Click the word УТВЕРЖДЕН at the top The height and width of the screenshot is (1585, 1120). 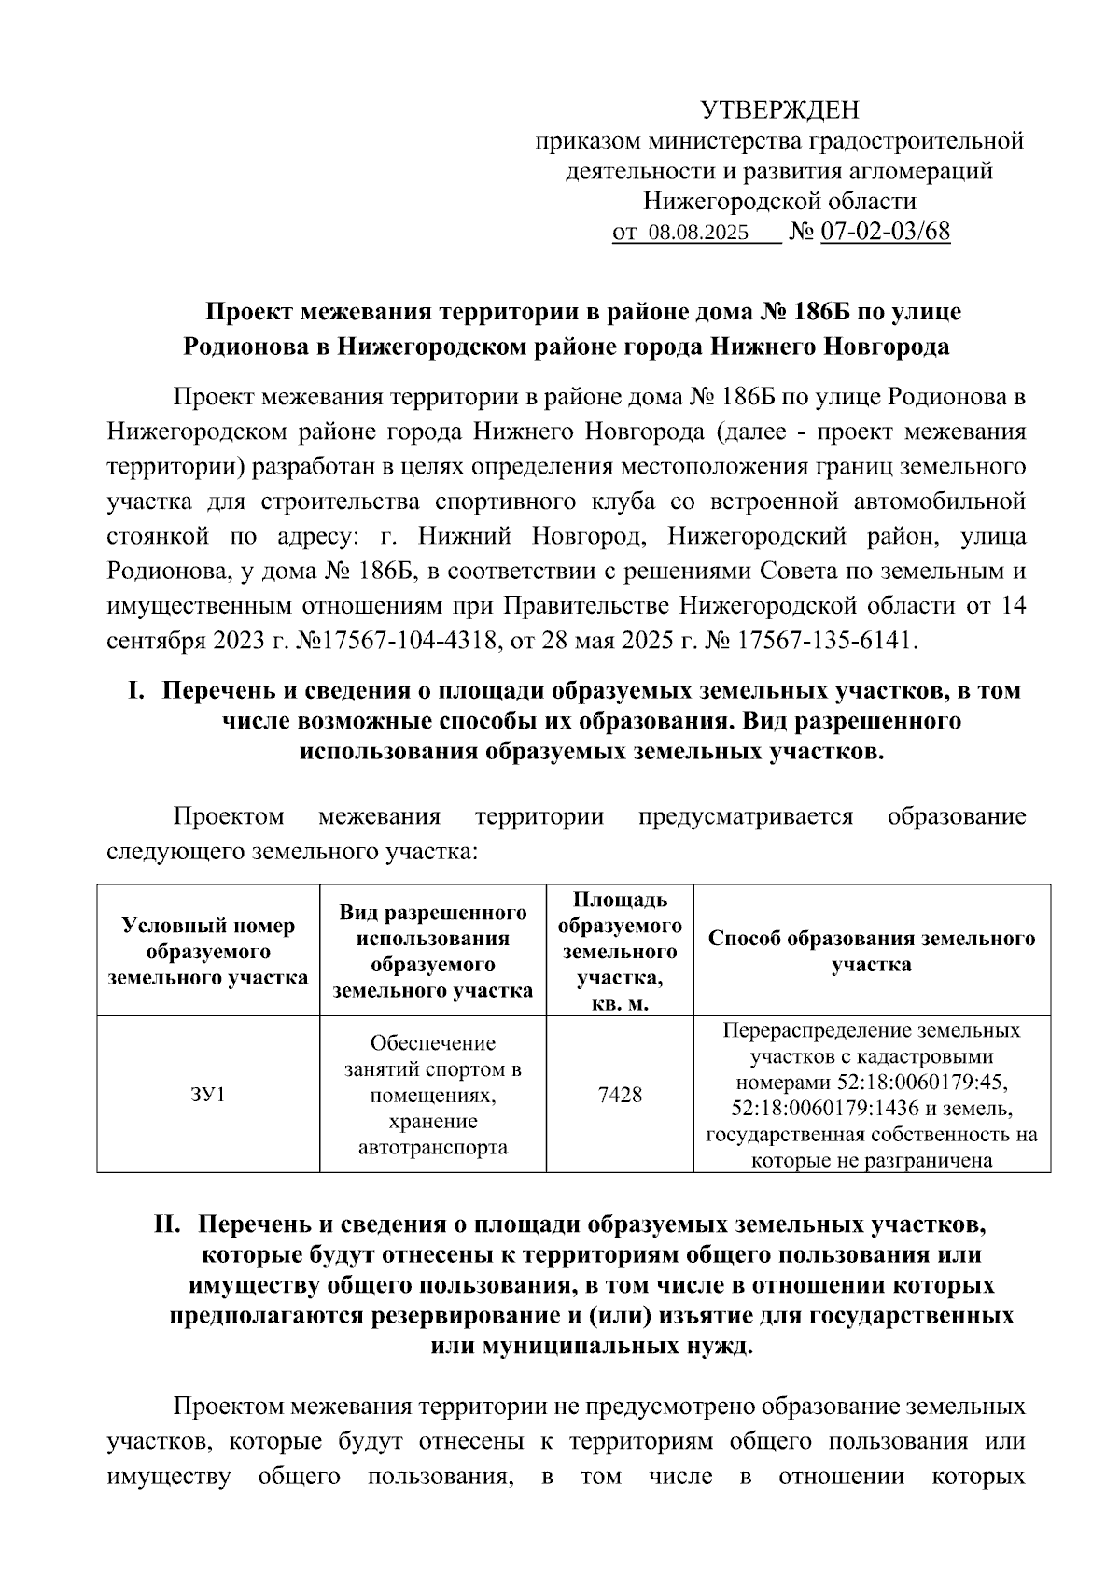(779, 110)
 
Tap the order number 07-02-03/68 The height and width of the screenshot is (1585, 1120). (886, 233)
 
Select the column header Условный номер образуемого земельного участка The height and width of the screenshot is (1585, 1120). (208, 952)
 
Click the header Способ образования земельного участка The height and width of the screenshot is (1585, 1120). (872, 952)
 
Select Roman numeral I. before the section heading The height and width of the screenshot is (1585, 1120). (136, 691)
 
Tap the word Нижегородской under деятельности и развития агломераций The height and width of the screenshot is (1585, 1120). (713, 202)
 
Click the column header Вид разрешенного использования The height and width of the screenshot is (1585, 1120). (433, 952)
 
